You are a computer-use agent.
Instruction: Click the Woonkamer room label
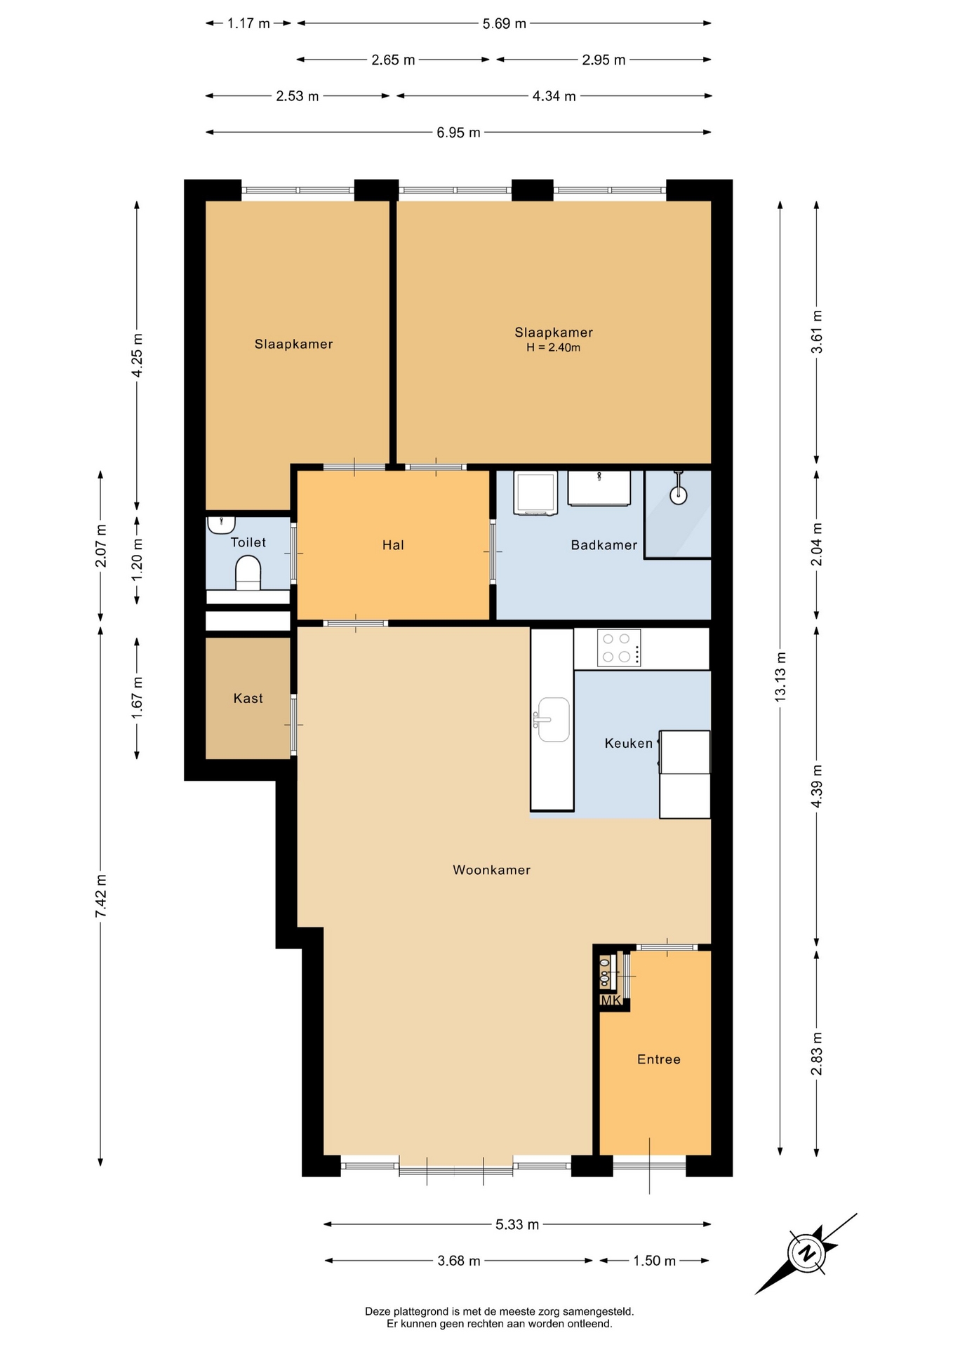[x=491, y=870]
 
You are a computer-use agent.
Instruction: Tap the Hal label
[x=393, y=545]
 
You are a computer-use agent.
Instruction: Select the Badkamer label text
[x=604, y=545]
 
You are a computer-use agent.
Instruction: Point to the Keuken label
[x=629, y=744]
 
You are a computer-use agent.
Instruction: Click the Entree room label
[x=659, y=1059]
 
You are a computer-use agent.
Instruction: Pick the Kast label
[x=248, y=698]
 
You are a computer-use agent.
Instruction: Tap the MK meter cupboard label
[x=611, y=1000]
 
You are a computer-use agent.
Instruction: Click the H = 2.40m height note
[x=554, y=348]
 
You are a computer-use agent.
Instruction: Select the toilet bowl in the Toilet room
[x=248, y=572]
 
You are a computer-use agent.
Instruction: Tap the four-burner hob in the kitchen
[x=619, y=648]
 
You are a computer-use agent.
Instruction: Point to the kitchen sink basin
[x=553, y=719]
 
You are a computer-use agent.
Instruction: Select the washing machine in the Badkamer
[x=535, y=493]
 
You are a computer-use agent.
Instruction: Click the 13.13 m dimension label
[x=780, y=676]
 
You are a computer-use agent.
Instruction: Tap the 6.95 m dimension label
[x=458, y=132]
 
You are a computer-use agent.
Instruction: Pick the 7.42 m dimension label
[x=101, y=896]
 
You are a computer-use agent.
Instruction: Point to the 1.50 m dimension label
[x=654, y=1261]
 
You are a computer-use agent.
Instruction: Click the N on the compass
[x=808, y=1253]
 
